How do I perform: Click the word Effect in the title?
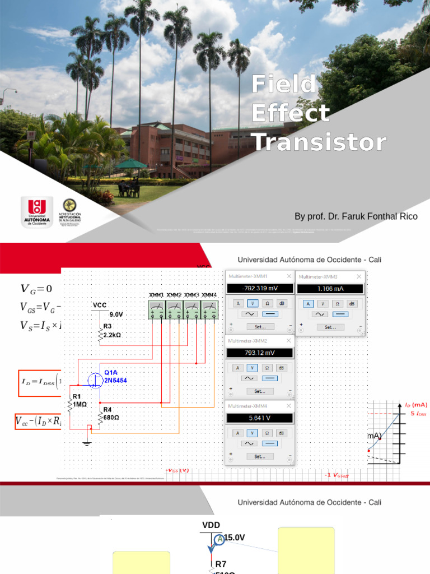click(290, 113)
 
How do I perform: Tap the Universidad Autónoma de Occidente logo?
click(37, 211)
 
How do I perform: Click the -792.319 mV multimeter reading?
click(259, 289)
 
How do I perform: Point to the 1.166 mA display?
click(330, 289)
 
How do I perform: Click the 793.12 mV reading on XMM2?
click(259, 353)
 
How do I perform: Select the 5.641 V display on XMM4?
click(259, 418)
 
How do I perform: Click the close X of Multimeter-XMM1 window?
click(289, 276)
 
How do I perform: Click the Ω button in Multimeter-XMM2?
click(267, 368)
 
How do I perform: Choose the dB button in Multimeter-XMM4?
click(282, 433)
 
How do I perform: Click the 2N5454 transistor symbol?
click(96, 381)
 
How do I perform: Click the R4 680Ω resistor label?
click(111, 414)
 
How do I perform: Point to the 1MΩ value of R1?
click(80, 404)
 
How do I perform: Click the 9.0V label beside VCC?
click(116, 314)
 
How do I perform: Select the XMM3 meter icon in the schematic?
click(191, 309)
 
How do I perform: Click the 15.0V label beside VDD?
click(235, 538)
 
